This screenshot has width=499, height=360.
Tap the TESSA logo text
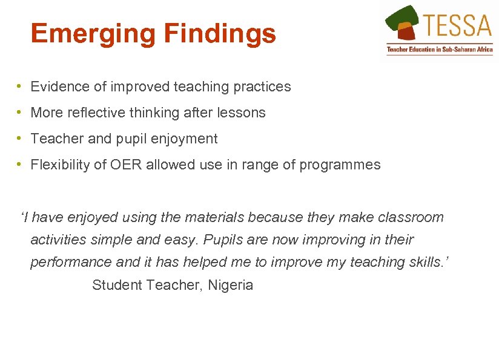pos(458,25)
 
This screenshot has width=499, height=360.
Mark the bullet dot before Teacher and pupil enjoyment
pos(20,139)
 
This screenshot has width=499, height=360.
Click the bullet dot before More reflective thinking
pos(20,113)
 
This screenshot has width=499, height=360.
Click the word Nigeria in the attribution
pos(230,285)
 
